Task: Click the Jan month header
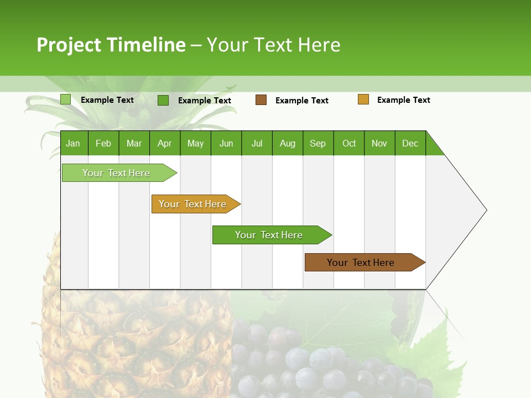pos(73,143)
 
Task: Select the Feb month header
pos(103,143)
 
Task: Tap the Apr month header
pos(164,143)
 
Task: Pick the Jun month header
pos(226,143)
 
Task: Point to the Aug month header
pos(287,143)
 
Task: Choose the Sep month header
pos(317,143)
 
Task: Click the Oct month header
pos(349,143)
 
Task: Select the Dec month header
pos(410,143)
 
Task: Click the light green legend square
pos(65,99)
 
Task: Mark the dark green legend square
pos(163,100)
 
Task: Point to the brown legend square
pos(261,99)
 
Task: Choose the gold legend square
pos(363,99)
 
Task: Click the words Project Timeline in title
pos(111,45)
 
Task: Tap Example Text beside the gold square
pos(403,100)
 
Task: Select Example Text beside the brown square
pos(301,101)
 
